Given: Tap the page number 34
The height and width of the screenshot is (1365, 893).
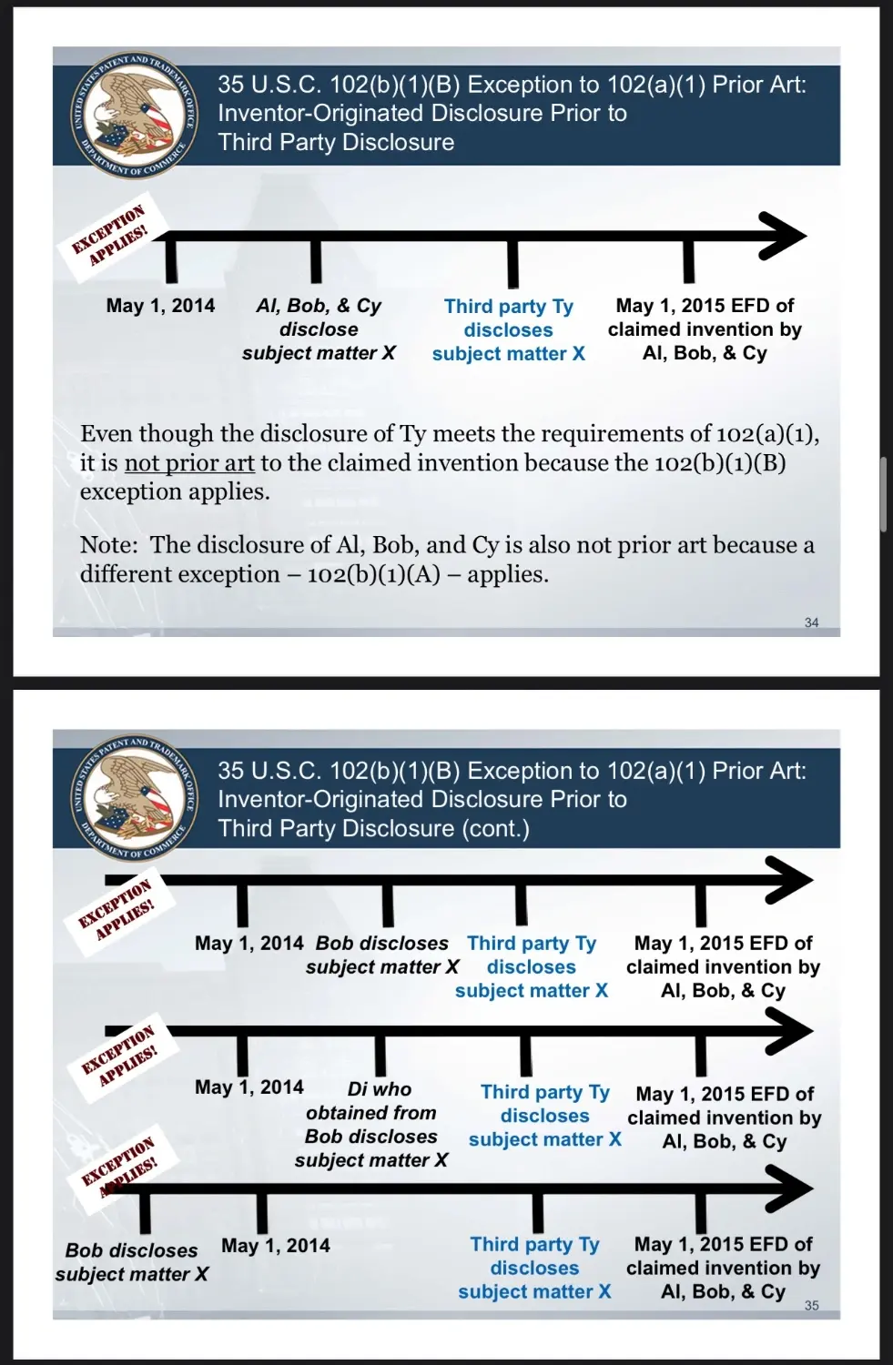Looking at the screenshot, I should [x=811, y=622].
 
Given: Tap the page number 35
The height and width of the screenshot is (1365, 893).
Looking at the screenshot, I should [x=811, y=1305].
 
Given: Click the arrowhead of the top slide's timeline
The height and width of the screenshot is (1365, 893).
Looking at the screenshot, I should [x=784, y=237].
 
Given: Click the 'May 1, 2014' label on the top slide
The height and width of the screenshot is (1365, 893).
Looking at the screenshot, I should [x=160, y=306].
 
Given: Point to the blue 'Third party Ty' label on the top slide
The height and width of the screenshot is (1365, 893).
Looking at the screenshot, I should [x=509, y=307].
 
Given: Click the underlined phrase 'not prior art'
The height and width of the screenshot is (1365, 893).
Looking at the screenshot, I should [x=189, y=463].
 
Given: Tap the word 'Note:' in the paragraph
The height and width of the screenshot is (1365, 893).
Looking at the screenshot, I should [x=108, y=545].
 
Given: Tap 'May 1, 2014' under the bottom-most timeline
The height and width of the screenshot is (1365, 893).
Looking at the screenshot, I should [x=276, y=1246].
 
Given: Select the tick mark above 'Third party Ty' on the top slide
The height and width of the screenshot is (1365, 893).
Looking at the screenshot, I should [x=513, y=264].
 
